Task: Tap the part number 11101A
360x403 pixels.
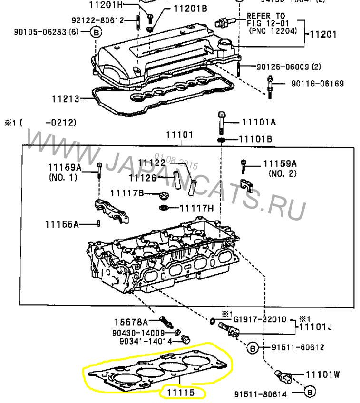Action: pos(259,122)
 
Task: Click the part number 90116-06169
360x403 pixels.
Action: pos(317,84)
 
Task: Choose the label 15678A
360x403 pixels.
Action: pos(131,322)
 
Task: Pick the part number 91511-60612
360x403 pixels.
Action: pos(298,347)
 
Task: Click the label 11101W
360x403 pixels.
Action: pos(322,374)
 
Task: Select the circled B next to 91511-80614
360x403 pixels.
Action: pos(309,393)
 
